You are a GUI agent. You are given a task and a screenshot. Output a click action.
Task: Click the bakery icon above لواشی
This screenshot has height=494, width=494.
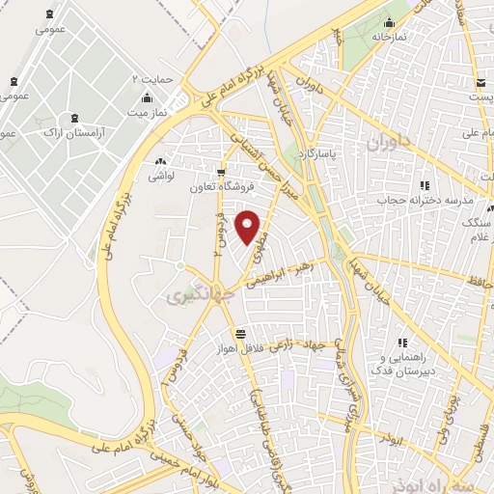pos(160,160)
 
